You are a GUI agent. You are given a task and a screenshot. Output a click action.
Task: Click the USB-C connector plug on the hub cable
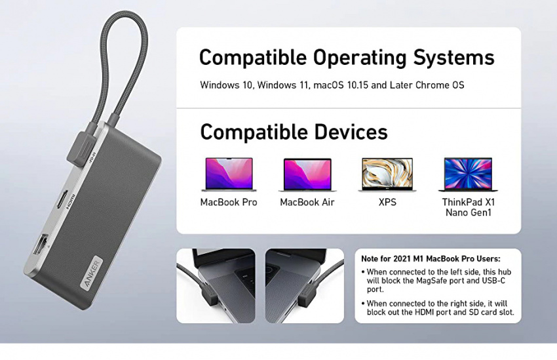[81, 147]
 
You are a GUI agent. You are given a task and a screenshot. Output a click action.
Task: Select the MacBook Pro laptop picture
[229, 175]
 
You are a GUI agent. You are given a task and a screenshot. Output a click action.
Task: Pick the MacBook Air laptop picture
[307, 175]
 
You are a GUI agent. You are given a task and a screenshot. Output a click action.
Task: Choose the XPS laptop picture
[387, 175]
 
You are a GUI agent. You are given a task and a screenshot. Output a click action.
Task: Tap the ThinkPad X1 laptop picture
[468, 175]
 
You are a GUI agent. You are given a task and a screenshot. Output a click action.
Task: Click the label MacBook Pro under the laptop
[229, 202]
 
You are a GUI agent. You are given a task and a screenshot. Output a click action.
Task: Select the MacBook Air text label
[307, 202]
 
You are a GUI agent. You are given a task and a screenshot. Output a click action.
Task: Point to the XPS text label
[387, 202]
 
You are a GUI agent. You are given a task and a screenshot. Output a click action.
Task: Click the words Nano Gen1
[468, 212]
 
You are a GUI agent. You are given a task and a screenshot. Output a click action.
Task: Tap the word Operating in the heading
[360, 58]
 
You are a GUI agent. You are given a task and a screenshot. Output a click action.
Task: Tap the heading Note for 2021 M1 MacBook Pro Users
[431, 259]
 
